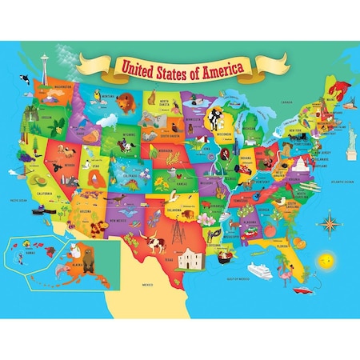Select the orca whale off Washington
(x=26, y=79)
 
